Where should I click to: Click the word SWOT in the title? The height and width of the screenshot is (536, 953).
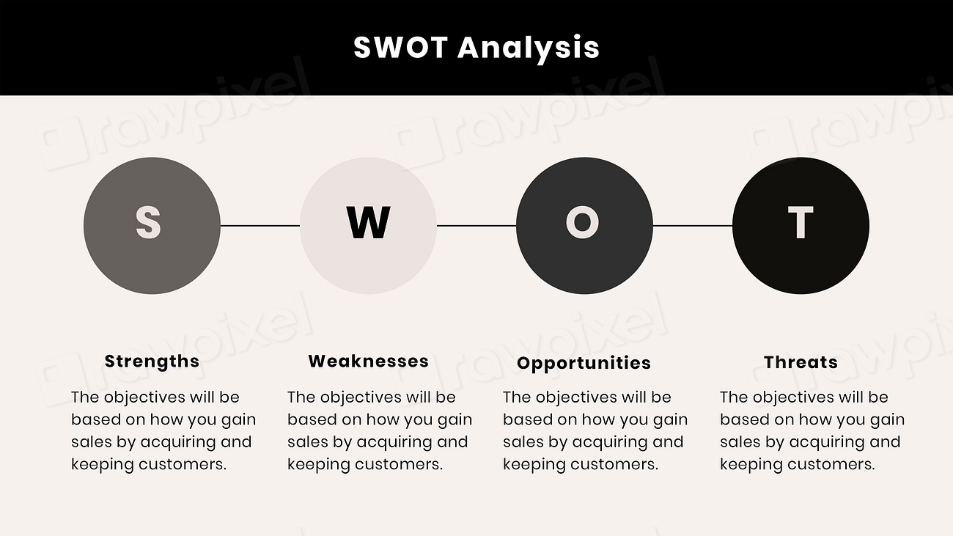coord(400,48)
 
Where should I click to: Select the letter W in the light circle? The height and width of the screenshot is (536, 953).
coord(368,223)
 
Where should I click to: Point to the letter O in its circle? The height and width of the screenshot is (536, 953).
coord(583,223)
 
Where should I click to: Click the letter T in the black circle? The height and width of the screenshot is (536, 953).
coord(800,223)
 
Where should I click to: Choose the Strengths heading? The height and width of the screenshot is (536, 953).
coord(152,361)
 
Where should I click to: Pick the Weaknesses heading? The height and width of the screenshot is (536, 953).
coord(368,361)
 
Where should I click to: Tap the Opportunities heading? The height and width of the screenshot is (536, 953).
coord(584,363)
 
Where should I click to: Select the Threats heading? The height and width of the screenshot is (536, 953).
coord(801,362)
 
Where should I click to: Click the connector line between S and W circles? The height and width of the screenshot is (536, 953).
coord(260,226)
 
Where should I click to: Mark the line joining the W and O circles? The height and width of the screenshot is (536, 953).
coord(476,226)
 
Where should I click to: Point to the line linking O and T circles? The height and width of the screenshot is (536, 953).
coord(693,226)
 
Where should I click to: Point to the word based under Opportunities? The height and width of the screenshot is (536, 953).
coord(527,419)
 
